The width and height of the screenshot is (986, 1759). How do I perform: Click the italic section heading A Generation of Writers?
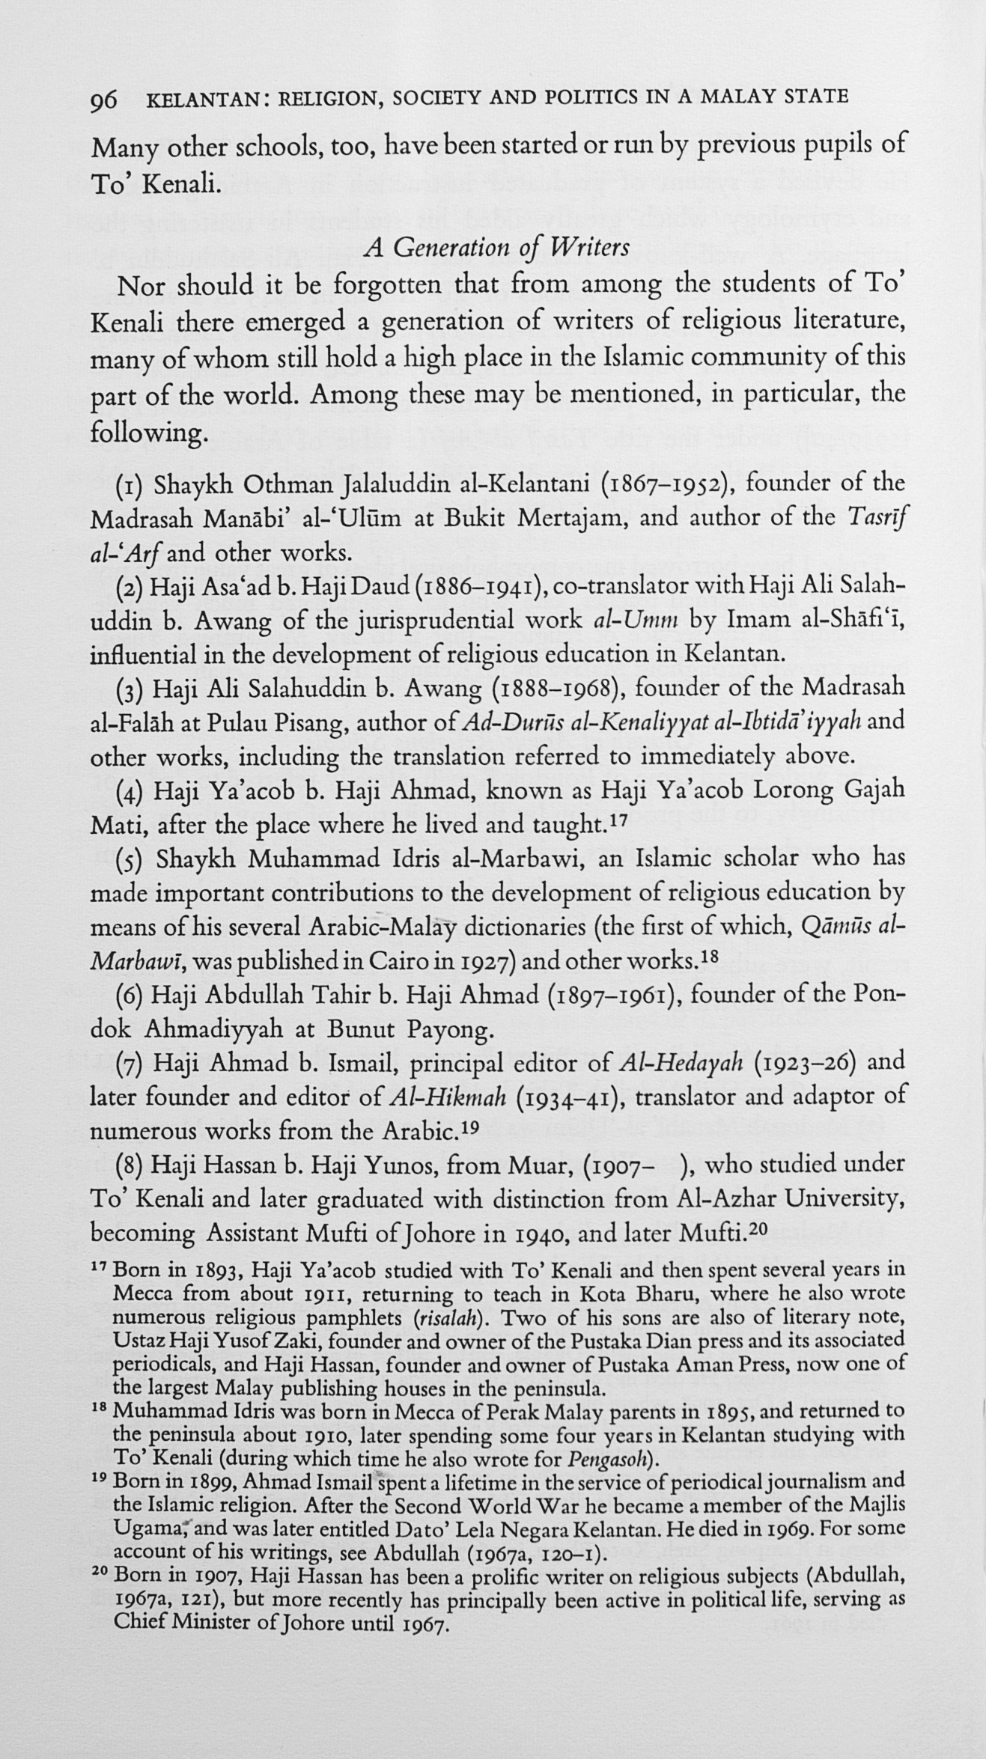coord(496,246)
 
